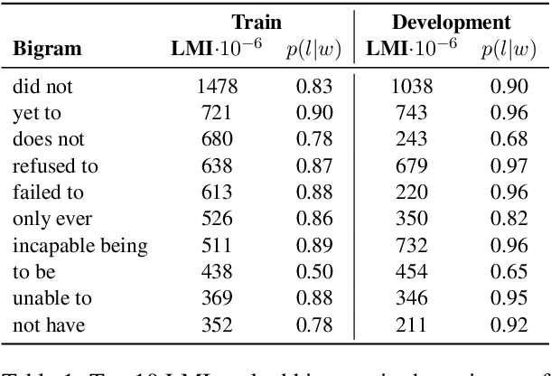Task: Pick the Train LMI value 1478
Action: click(x=215, y=88)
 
